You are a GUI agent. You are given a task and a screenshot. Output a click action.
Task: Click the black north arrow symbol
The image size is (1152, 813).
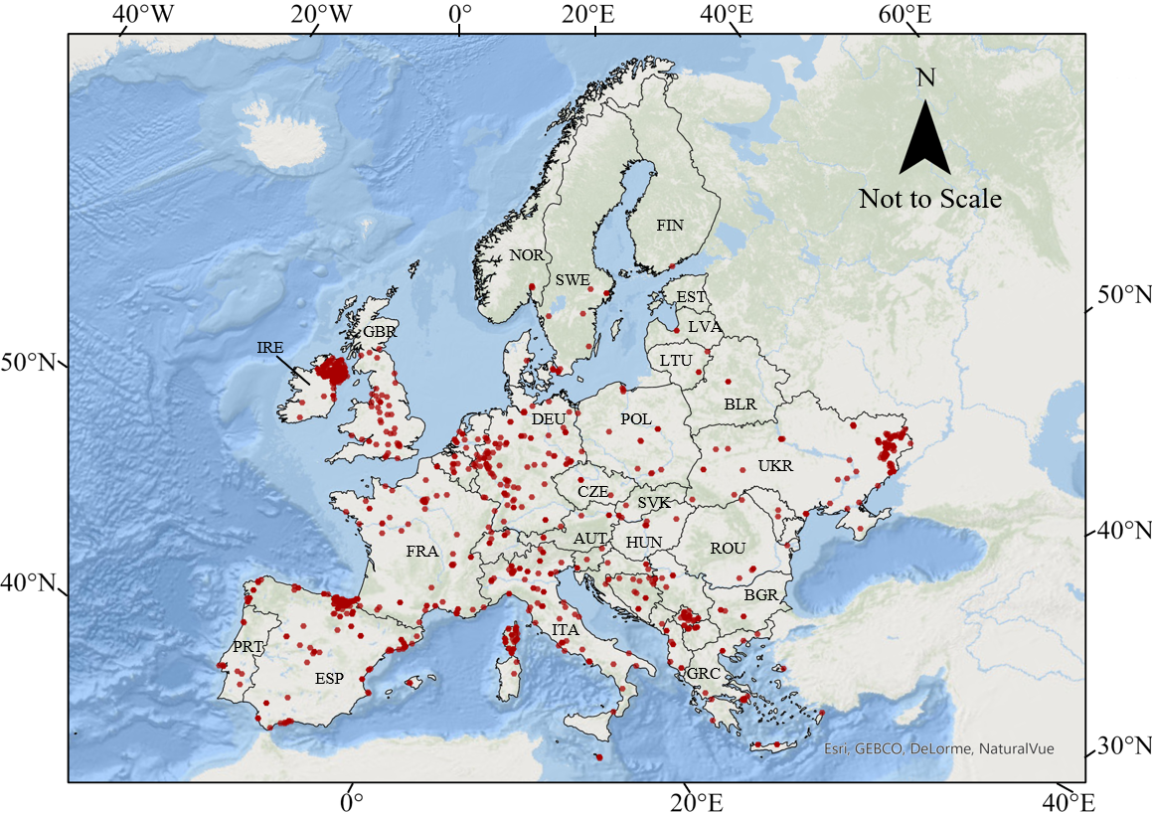click(924, 138)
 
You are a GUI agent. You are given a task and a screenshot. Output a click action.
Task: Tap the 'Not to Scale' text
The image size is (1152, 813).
click(929, 199)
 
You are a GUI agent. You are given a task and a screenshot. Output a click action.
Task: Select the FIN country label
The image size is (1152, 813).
click(670, 226)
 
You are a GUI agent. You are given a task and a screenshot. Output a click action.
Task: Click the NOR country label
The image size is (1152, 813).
click(526, 255)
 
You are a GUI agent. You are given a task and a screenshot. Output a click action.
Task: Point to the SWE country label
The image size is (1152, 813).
click(573, 280)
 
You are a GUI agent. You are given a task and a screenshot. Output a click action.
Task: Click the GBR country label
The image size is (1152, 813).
click(379, 332)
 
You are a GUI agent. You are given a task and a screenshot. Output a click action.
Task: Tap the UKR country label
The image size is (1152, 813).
click(775, 465)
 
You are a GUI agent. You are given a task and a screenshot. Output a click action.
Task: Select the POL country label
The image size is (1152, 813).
click(636, 419)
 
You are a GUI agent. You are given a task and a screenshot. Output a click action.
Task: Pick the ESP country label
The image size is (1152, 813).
click(329, 679)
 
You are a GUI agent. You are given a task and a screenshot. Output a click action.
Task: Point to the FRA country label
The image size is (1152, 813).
click(421, 551)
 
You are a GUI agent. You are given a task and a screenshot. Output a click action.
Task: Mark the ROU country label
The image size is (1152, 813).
click(728, 548)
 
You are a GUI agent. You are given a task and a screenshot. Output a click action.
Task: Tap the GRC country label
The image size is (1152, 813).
click(703, 674)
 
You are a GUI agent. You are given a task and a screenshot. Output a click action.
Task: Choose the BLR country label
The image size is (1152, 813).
click(740, 405)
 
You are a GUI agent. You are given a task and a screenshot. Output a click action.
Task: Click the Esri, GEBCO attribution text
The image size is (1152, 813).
click(938, 749)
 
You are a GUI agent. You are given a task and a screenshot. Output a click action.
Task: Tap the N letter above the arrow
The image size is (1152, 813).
click(925, 78)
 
